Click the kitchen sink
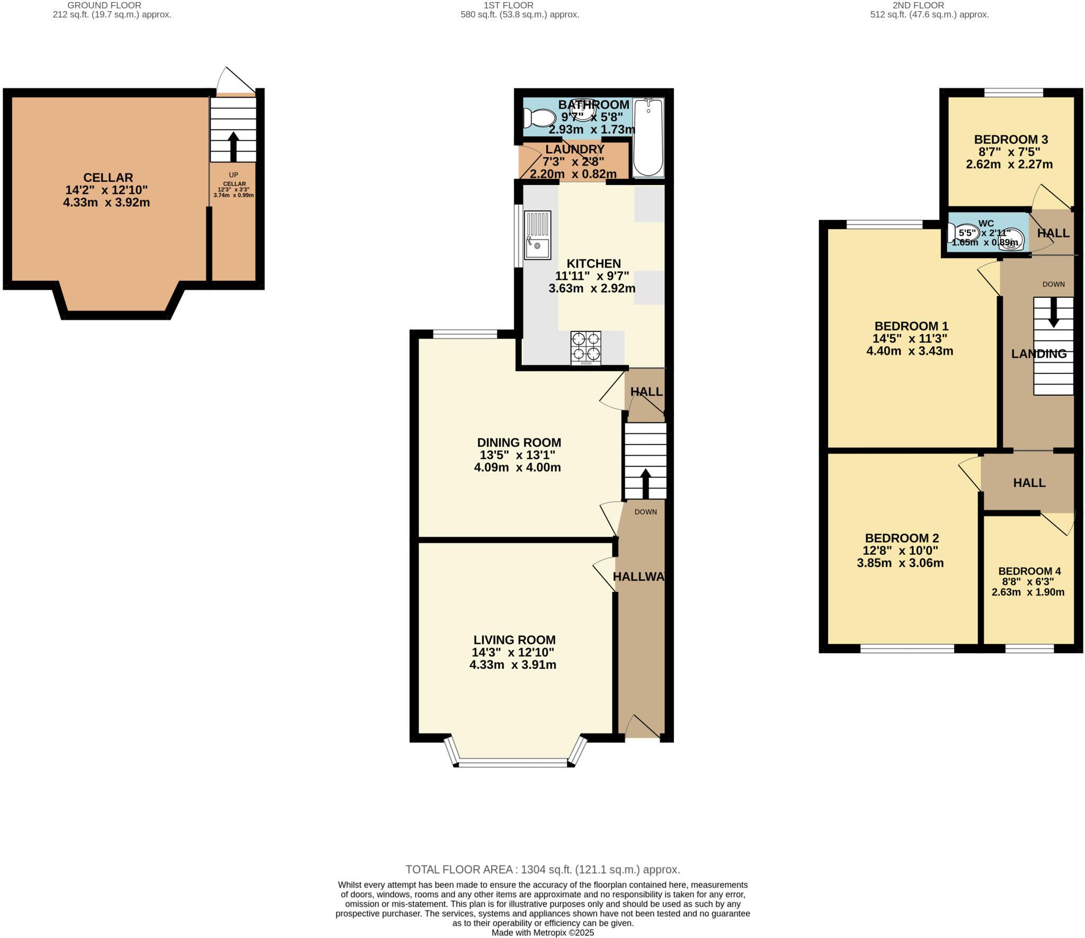[x=537, y=235]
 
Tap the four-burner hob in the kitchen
[x=586, y=347]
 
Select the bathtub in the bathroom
[x=648, y=137]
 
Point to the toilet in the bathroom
[x=539, y=118]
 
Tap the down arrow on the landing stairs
[x=1053, y=312]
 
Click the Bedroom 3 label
[x=1011, y=139]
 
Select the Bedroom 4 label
[x=1029, y=571]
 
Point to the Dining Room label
[x=519, y=443]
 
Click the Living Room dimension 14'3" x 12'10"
[x=513, y=652]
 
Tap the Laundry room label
[x=575, y=149]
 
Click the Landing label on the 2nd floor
[x=1039, y=354]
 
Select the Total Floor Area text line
[x=542, y=870]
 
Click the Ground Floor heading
[x=104, y=5]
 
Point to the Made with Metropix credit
[x=542, y=933]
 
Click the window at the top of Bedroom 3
[x=1013, y=93]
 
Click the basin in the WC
[x=1011, y=239]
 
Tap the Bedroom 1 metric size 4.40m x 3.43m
[x=910, y=351]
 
